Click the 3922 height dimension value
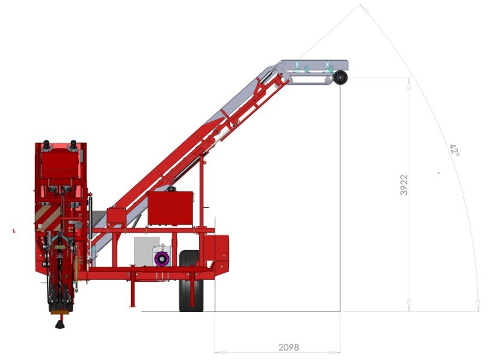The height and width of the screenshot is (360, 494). click(x=404, y=185)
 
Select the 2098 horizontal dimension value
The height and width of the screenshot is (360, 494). click(x=288, y=347)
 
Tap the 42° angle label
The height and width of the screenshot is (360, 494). click(x=454, y=150)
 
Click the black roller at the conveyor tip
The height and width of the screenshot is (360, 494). click(x=340, y=78)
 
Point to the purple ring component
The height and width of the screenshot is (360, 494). click(x=162, y=259)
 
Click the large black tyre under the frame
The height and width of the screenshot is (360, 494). click(x=191, y=281)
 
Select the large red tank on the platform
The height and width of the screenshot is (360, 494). click(x=170, y=208)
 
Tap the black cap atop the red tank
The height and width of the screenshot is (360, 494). click(x=171, y=189)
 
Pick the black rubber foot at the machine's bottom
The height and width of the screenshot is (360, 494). click(x=60, y=324)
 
